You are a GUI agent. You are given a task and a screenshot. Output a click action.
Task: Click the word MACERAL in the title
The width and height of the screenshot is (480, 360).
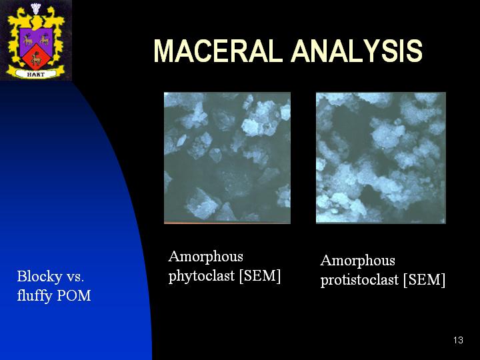tap(217, 51)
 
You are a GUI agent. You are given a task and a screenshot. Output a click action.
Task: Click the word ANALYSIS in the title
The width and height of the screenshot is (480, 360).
tap(357, 51)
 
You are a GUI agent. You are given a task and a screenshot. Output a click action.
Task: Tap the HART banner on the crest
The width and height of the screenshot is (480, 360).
tap(36, 74)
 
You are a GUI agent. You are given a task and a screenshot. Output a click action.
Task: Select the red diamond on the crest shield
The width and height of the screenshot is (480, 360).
tap(36, 57)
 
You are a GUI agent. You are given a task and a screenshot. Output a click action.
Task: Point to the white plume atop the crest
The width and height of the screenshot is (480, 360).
tap(36, 8)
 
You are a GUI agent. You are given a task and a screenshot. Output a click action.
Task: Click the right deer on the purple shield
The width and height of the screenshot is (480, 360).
tap(45, 39)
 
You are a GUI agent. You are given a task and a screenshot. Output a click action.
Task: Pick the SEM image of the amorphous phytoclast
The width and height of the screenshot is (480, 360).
tap(227, 157)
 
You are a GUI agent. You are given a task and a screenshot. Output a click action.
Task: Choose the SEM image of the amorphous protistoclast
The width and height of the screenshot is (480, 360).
tap(381, 157)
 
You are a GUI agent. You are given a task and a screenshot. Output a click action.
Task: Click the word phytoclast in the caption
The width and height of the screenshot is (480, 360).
tap(201, 276)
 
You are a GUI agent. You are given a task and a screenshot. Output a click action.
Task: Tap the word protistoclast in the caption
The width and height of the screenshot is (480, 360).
tap(359, 280)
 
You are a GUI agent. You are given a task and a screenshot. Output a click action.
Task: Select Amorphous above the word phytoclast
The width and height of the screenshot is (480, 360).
tap(206, 256)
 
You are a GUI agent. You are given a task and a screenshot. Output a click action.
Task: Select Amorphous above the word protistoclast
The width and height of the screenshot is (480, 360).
tap(357, 261)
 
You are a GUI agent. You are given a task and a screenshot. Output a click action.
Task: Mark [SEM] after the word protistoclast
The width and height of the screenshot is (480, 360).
tap(424, 280)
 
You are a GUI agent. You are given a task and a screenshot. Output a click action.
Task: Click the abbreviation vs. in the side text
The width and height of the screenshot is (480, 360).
tap(75, 277)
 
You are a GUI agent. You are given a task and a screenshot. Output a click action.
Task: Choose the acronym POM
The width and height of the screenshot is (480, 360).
tap(74, 296)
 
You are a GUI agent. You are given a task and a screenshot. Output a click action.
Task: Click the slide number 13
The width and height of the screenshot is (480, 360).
tap(458, 340)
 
